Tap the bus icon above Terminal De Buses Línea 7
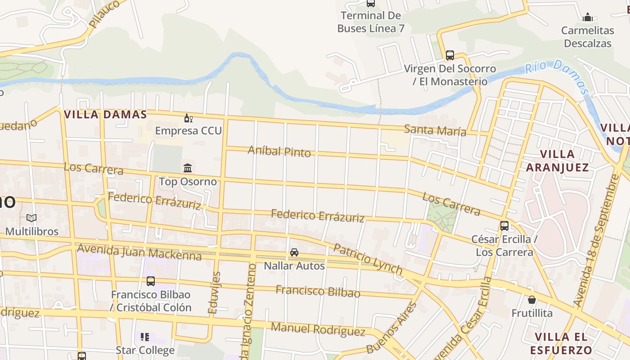[x=370, y=3]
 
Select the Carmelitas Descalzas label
[x=588, y=37]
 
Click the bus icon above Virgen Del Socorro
[x=450, y=55]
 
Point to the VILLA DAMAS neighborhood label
[x=105, y=114]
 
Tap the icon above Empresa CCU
[x=188, y=118]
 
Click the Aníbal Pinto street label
[x=279, y=151]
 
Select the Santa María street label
[x=435, y=130]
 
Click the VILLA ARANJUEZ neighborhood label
[x=557, y=161]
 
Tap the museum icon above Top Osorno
[x=188, y=168]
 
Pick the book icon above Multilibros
[x=31, y=218]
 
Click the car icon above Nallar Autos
[x=294, y=252]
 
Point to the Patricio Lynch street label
[x=368, y=259]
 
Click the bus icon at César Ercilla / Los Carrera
[x=504, y=226]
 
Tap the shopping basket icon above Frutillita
[x=532, y=300]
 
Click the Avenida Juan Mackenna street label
[x=139, y=252]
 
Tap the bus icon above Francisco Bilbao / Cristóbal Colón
[x=151, y=281]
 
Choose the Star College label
[x=145, y=350]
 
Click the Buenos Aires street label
[x=392, y=328]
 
